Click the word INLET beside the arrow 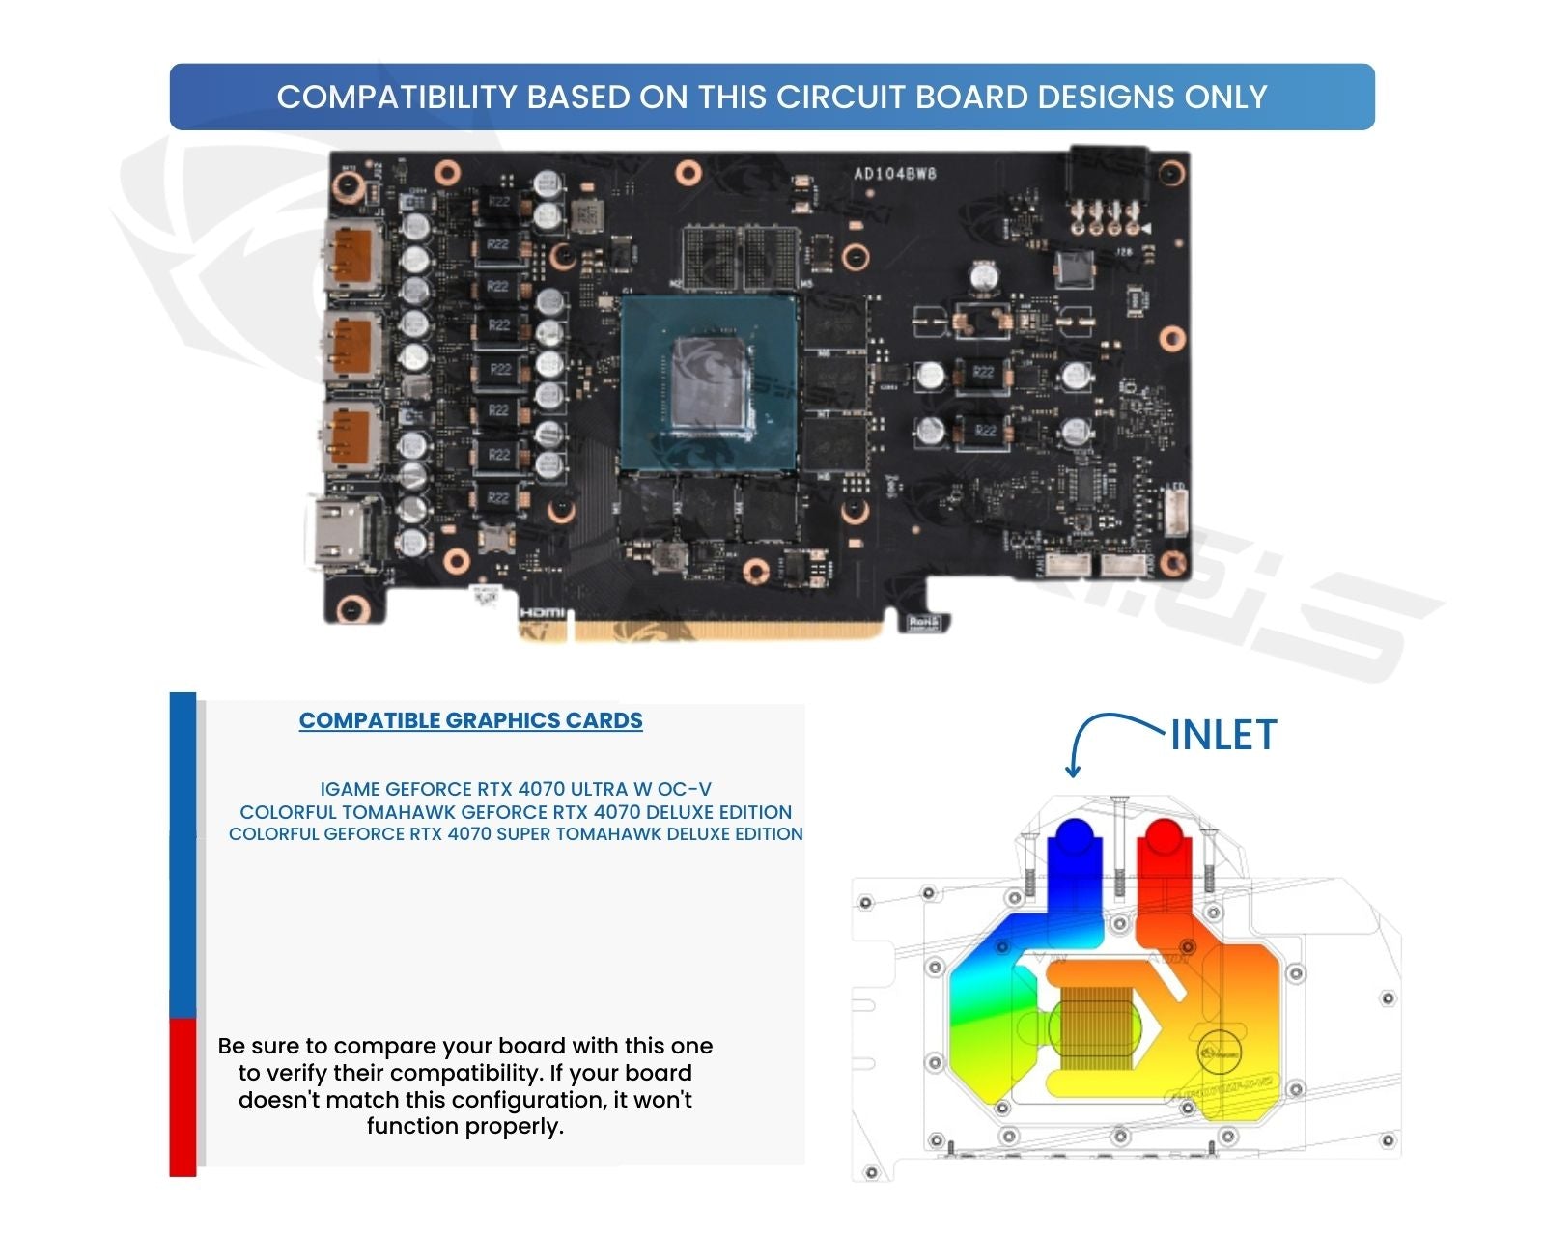click(1223, 736)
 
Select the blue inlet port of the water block click(1073, 838)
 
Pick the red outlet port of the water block click(1164, 838)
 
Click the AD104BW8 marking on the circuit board click(894, 174)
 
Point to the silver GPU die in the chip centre click(710, 380)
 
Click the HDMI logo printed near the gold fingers click(542, 613)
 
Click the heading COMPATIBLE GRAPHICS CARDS click(470, 721)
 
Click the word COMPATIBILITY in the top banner click(397, 98)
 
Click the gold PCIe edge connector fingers click(724, 631)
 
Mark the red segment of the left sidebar click(183, 1097)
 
